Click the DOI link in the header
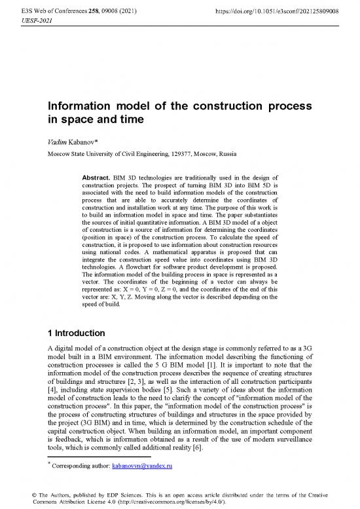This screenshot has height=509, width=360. tap(283, 12)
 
